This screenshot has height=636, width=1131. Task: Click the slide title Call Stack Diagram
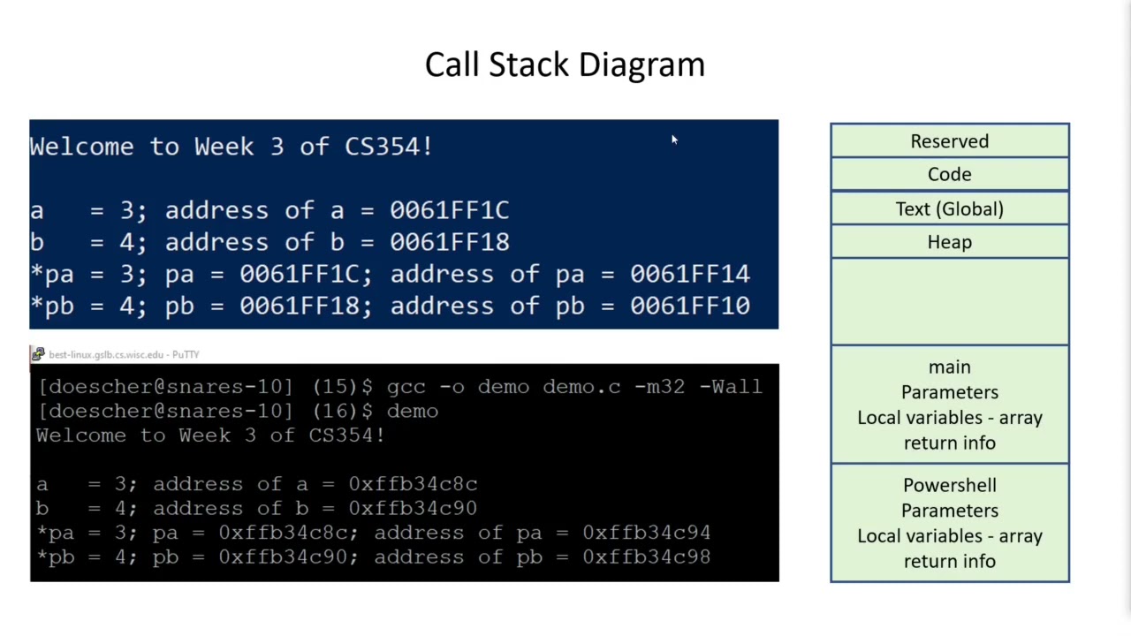565,64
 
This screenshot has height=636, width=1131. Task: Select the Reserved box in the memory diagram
949,141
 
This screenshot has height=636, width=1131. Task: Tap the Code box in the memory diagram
949,175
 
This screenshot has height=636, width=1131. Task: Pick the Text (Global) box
949,209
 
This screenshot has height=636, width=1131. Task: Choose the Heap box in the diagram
949,242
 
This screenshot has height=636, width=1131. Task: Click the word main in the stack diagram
949,367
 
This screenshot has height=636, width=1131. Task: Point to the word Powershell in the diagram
949,486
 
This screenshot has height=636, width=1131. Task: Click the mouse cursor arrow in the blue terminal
673,140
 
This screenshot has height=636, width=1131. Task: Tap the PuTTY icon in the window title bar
38,354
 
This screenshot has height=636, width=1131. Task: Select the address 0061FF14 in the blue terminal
689,275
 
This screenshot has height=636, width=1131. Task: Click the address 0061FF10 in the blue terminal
689,307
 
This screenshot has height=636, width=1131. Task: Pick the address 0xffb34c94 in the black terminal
646,533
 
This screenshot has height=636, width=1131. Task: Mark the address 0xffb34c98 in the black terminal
646,557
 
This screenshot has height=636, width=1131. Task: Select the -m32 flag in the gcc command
659,387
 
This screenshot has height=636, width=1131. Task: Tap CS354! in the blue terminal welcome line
388,147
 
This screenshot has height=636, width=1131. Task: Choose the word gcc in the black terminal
406,387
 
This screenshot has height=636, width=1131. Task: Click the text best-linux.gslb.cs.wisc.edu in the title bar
106,355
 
